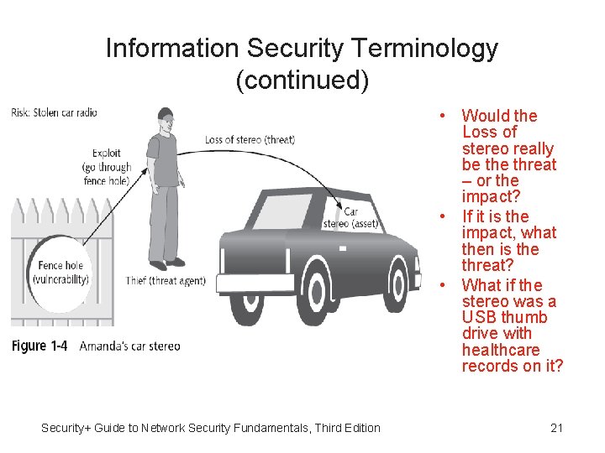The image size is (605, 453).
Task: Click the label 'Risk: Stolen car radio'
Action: point(55,113)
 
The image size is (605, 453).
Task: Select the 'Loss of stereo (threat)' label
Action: point(250,139)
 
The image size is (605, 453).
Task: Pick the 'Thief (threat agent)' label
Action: point(166,280)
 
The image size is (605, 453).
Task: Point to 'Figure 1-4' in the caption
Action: point(39,346)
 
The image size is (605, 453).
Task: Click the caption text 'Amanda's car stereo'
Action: point(129,346)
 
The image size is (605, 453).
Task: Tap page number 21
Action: point(556,428)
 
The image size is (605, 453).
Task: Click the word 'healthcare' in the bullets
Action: point(501,350)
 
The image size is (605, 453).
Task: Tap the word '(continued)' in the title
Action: point(302,81)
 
